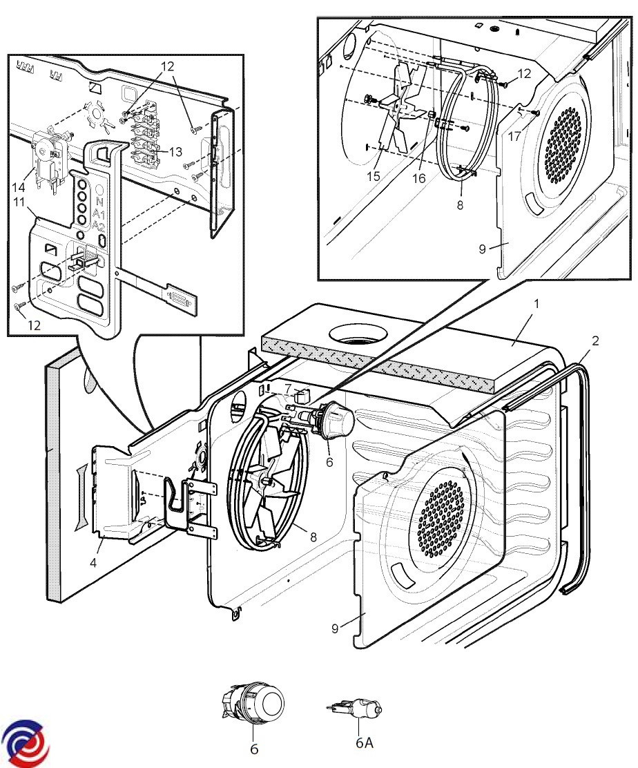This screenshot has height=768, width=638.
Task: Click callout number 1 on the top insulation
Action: tap(536, 303)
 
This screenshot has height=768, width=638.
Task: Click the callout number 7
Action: tap(289, 390)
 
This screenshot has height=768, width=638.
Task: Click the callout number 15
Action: tap(374, 177)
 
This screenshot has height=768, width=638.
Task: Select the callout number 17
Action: tap(515, 137)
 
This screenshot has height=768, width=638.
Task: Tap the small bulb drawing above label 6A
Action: tap(356, 708)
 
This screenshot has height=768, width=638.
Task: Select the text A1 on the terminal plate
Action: tap(99, 215)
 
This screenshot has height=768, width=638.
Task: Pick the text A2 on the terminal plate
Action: tap(99, 227)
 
